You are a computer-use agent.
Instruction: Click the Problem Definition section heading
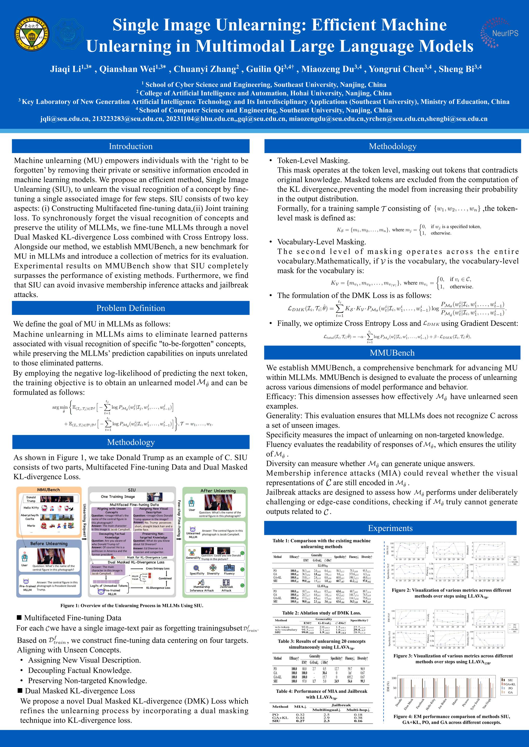tap(131, 308)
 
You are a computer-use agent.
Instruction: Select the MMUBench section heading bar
tap(392, 353)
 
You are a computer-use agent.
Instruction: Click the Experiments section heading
tap(390, 528)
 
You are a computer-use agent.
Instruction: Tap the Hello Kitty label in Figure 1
tap(31, 508)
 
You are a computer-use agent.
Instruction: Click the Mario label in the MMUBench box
tap(31, 525)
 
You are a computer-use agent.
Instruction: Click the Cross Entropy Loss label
tap(158, 568)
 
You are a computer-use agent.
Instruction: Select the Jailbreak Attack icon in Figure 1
tap(226, 582)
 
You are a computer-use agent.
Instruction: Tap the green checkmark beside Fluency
tap(242, 569)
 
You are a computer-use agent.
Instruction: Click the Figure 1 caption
tap(132, 605)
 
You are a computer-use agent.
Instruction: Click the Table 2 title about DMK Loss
tap(321, 613)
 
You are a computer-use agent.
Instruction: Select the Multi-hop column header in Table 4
tap(358, 710)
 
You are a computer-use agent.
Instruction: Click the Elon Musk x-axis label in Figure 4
tap(408, 704)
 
